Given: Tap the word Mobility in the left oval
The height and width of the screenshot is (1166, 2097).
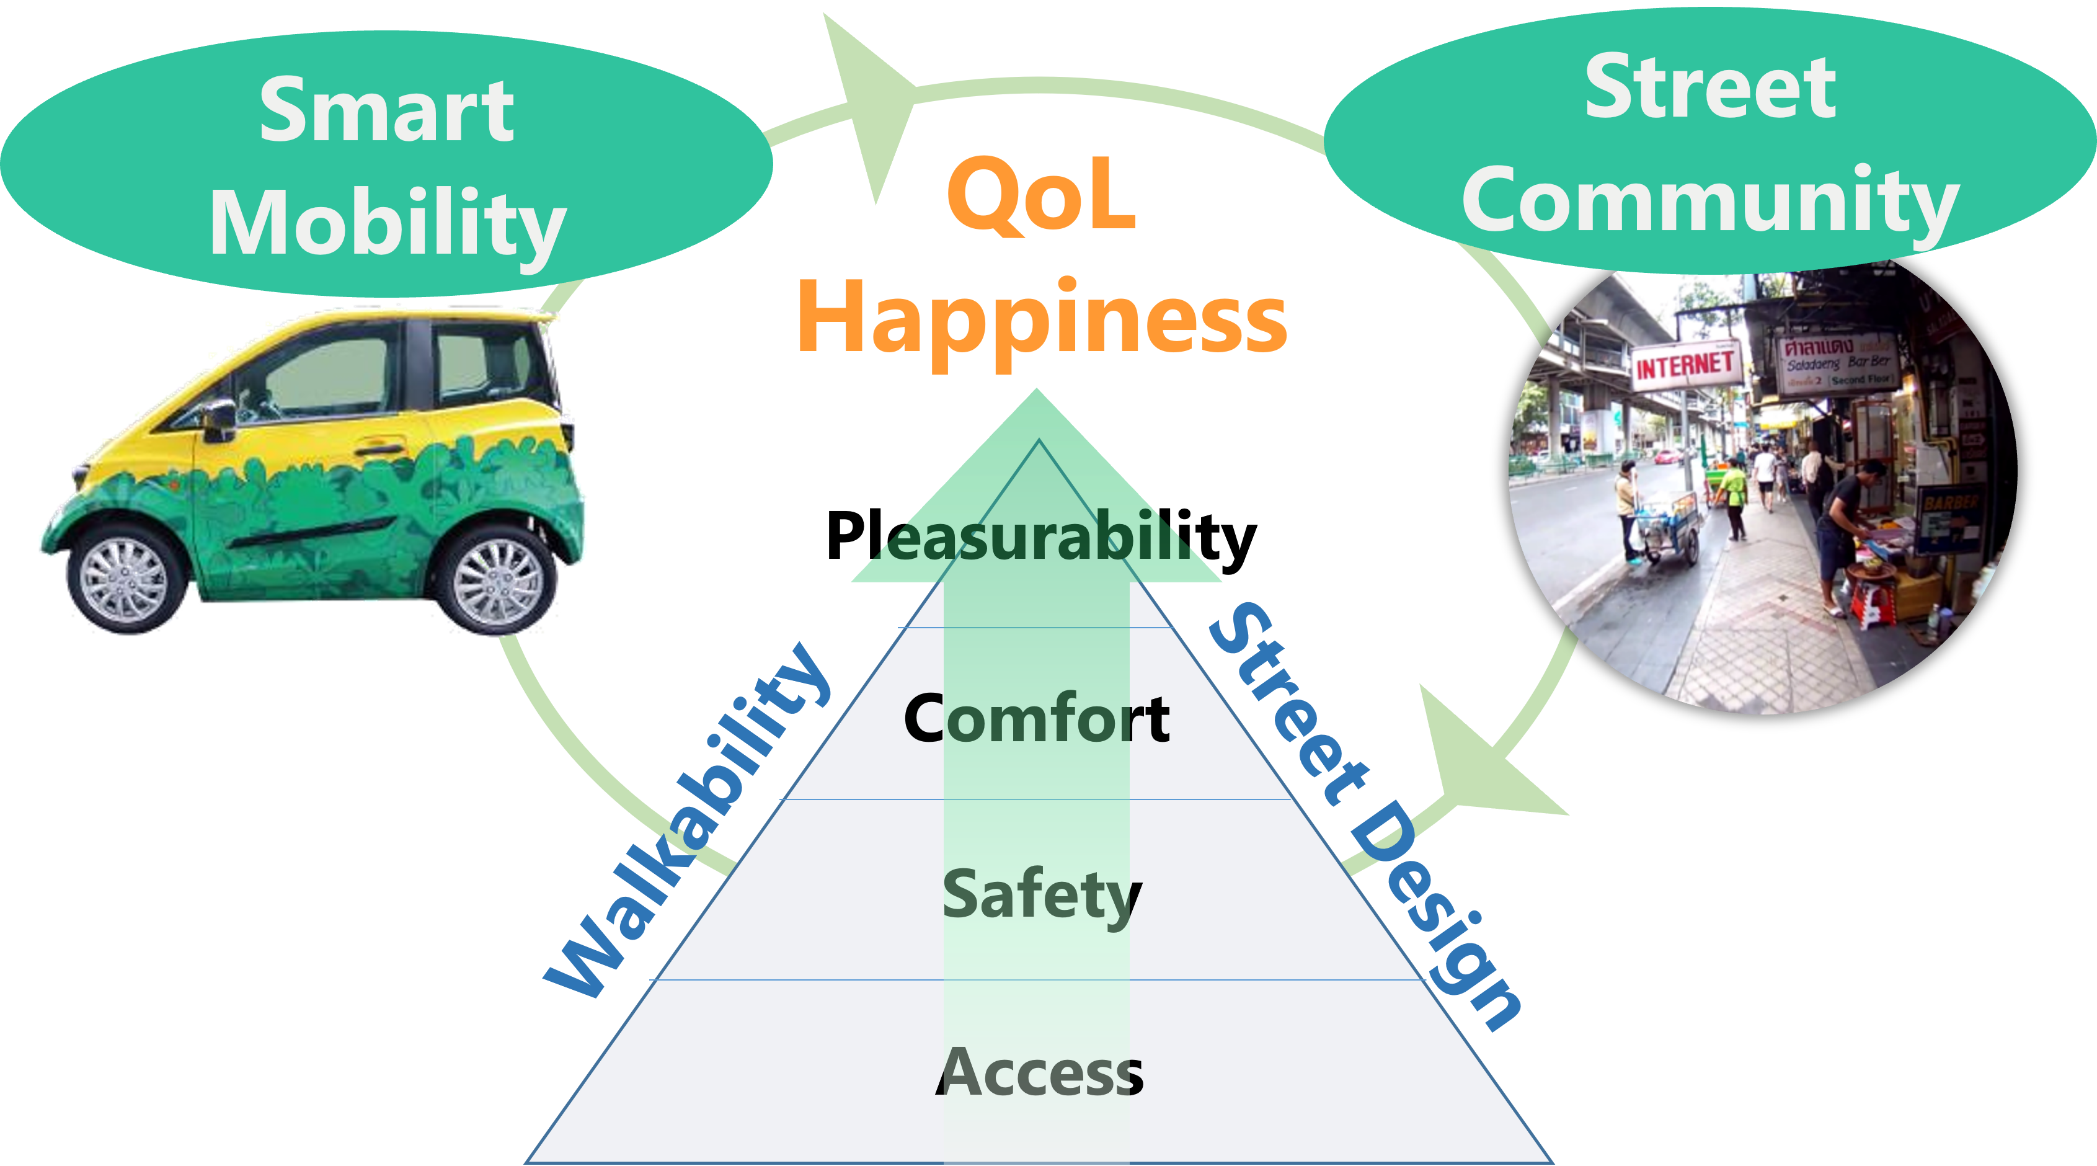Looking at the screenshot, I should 387,221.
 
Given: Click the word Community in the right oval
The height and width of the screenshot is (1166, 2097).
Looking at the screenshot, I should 1710,200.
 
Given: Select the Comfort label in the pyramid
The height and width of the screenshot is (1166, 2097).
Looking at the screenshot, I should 1036,718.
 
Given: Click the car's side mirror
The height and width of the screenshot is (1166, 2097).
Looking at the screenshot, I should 219,419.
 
